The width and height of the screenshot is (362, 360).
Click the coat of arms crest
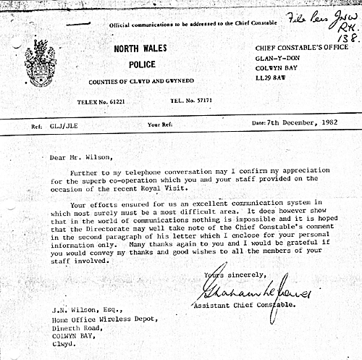[39, 63]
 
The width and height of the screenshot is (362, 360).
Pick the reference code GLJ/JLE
[62, 124]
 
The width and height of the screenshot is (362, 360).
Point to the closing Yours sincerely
[230, 275]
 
